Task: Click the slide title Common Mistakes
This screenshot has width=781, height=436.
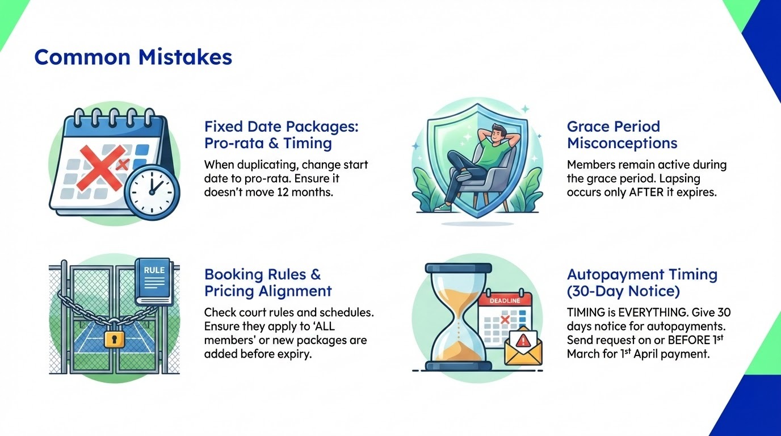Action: coord(133,57)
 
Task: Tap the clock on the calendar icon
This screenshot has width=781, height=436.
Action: coord(152,192)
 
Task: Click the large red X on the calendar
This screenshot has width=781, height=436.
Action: coord(102,167)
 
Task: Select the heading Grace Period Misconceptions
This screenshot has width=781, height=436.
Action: coord(622,135)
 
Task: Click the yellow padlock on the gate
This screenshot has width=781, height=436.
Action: coord(115,339)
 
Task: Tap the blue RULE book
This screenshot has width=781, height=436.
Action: coord(153,281)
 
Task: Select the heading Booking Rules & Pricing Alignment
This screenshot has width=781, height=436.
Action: coord(268,283)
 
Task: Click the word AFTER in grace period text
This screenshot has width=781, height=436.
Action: coord(646,192)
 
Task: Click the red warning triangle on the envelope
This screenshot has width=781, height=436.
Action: coord(522,339)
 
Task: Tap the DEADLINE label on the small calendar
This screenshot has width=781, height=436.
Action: coord(505,301)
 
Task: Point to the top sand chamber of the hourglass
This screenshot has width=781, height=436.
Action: coord(458,296)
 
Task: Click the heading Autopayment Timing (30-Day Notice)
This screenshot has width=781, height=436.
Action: coord(642,283)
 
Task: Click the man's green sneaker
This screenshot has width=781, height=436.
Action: coord(443,208)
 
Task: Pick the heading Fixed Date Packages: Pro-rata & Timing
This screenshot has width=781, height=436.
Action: coord(281,135)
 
